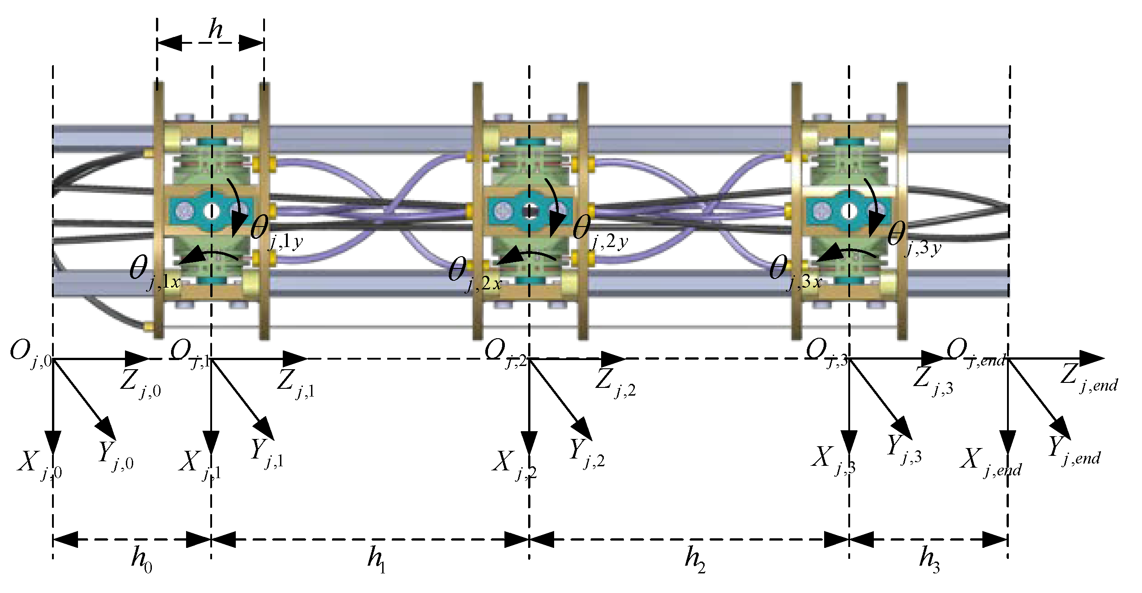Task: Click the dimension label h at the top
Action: pos(215,30)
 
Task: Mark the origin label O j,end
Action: pos(976,354)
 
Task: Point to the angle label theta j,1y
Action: pos(276,232)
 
